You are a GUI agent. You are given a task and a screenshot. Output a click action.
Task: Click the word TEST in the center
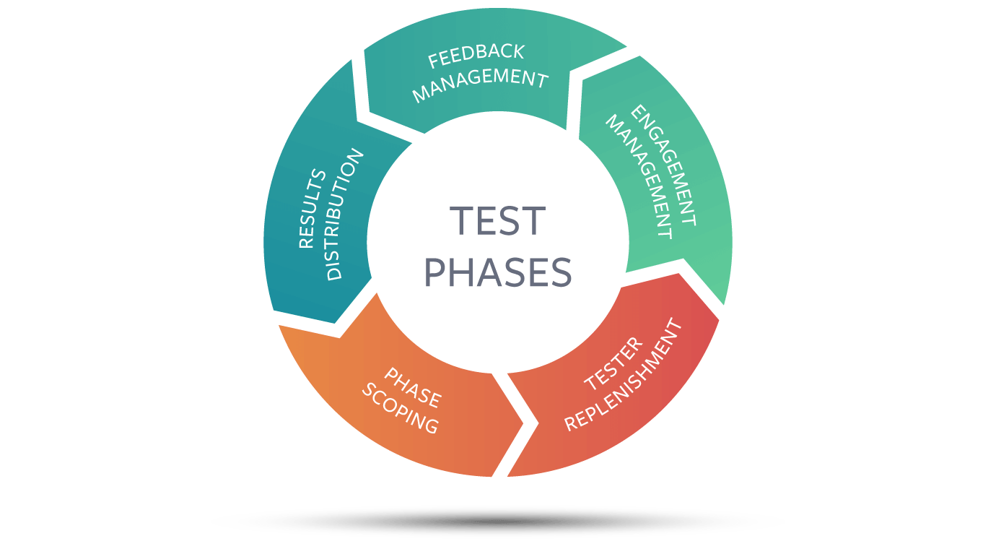[497, 220]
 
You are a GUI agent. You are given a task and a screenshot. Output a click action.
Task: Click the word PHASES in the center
[498, 272]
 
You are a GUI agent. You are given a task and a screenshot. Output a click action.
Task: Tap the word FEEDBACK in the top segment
[476, 56]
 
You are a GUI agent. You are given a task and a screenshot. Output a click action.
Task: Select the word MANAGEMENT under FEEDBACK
[480, 85]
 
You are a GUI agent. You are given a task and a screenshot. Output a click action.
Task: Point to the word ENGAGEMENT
[663, 165]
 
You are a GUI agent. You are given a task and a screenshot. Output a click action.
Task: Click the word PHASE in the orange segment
[413, 387]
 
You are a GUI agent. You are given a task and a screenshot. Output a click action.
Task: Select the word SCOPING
[400, 409]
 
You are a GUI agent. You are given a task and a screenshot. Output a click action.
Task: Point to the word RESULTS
[312, 208]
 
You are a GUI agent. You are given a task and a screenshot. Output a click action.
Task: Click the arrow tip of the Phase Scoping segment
[523, 423]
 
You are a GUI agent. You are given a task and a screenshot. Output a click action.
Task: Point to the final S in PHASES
[561, 272]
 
